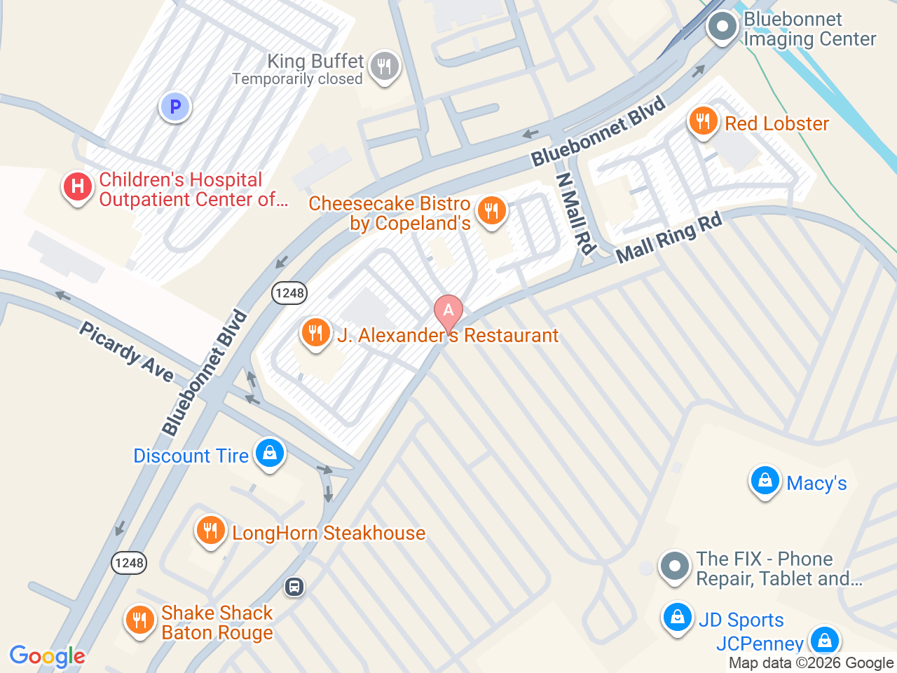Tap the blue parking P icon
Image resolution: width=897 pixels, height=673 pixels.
tap(175, 107)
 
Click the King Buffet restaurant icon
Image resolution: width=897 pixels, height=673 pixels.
tap(383, 67)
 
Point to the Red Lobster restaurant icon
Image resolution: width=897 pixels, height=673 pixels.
tap(703, 122)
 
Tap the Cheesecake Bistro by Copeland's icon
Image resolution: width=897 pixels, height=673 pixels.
tap(491, 210)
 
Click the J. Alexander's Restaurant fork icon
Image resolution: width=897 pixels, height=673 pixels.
tap(315, 332)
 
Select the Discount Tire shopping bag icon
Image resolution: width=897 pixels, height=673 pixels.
tap(269, 453)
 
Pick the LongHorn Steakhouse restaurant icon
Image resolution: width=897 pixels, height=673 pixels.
tap(210, 530)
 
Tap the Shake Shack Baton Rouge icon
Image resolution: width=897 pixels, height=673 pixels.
tap(139, 620)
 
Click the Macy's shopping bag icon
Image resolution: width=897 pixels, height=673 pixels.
tap(765, 481)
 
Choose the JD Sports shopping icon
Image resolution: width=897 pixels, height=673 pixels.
tap(677, 618)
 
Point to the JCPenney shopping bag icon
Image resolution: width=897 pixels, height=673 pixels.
tap(824, 640)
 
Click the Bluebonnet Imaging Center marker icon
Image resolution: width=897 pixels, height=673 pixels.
tap(723, 27)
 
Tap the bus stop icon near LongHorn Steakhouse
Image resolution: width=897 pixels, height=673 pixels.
tap(294, 586)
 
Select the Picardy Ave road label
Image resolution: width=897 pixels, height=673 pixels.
tap(126, 352)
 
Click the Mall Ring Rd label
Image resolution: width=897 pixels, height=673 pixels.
tap(669, 238)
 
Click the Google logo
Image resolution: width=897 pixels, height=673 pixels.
tap(47, 656)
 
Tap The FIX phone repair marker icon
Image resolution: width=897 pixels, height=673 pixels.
tap(675, 566)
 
